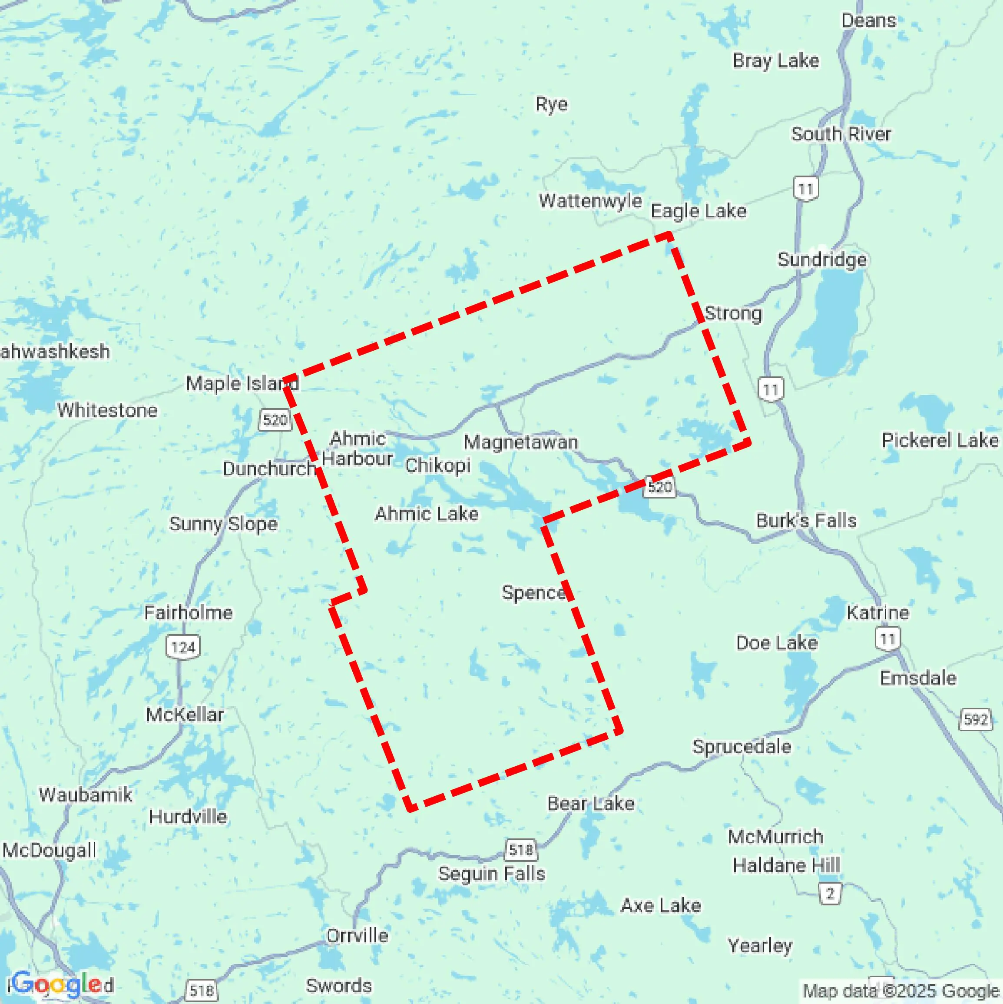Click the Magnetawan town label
click(x=520, y=442)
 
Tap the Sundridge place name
click(x=822, y=259)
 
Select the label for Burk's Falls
click(x=806, y=520)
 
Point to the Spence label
click(x=533, y=592)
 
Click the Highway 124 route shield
click(x=183, y=648)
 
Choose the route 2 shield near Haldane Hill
click(x=830, y=893)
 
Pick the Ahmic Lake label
click(x=427, y=514)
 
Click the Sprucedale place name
click(x=742, y=746)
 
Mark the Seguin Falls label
click(x=492, y=874)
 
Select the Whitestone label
click(x=108, y=410)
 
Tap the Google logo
click(x=57, y=984)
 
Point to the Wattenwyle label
click(x=590, y=201)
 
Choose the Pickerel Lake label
click(x=940, y=440)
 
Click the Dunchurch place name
click(x=269, y=469)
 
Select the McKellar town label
click(x=185, y=715)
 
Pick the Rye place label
click(x=551, y=104)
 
